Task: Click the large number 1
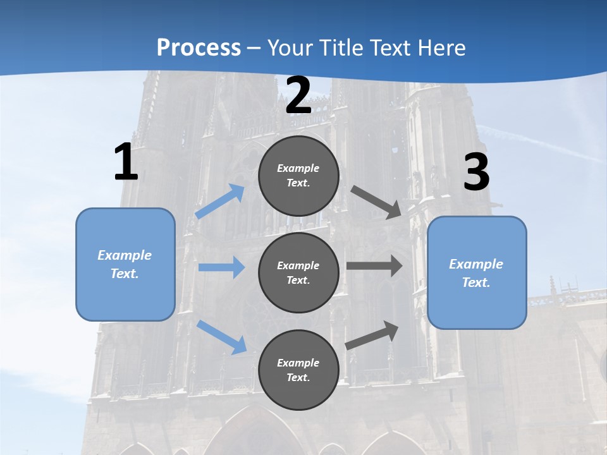[126, 162]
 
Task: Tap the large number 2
[298, 95]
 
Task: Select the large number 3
[476, 173]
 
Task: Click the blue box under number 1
[125, 264]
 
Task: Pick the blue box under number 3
[477, 272]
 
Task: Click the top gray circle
[298, 176]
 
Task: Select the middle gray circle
[298, 272]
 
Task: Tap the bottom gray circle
[298, 370]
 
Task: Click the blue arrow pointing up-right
[220, 201]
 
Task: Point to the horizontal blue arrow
[221, 267]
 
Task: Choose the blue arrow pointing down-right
[222, 337]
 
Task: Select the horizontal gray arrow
[374, 266]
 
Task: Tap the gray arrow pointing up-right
[372, 335]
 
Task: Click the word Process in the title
[199, 47]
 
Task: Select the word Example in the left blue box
[125, 255]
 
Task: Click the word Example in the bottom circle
[298, 363]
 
